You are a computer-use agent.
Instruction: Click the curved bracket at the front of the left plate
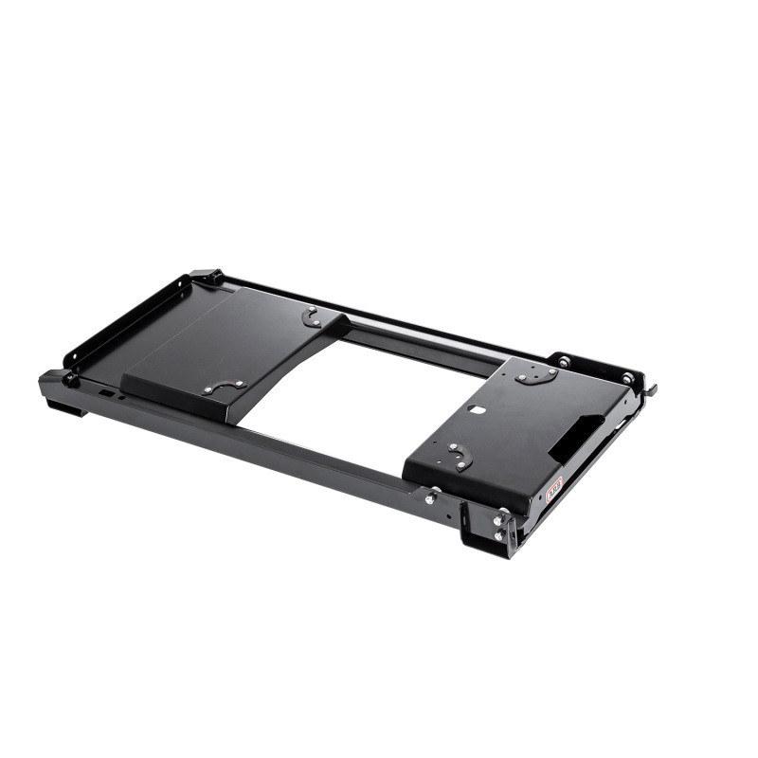click(x=226, y=386)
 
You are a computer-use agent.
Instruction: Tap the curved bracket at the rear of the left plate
click(x=312, y=317)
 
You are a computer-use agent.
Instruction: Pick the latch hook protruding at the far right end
click(x=652, y=388)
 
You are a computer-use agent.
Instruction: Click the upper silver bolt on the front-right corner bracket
click(x=497, y=520)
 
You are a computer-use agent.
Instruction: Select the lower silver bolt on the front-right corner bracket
click(x=497, y=535)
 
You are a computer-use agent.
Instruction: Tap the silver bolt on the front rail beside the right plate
click(x=432, y=496)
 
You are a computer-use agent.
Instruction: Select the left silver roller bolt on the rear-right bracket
click(x=564, y=362)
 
